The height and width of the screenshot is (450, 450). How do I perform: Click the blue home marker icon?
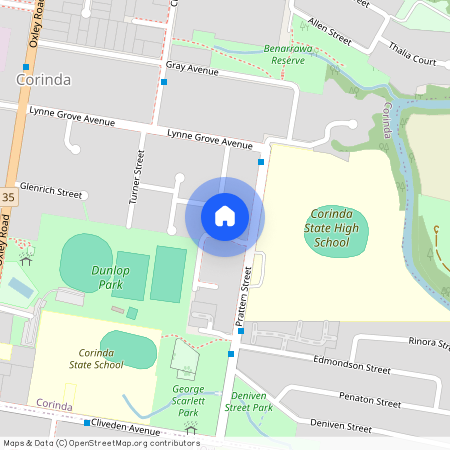click(225, 216)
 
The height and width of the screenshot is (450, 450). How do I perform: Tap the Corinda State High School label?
click(332, 228)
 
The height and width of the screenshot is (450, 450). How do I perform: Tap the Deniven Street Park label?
click(249, 401)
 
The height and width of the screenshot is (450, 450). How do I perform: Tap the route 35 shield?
click(7, 199)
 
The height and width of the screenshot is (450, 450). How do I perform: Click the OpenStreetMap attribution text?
click(101, 443)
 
